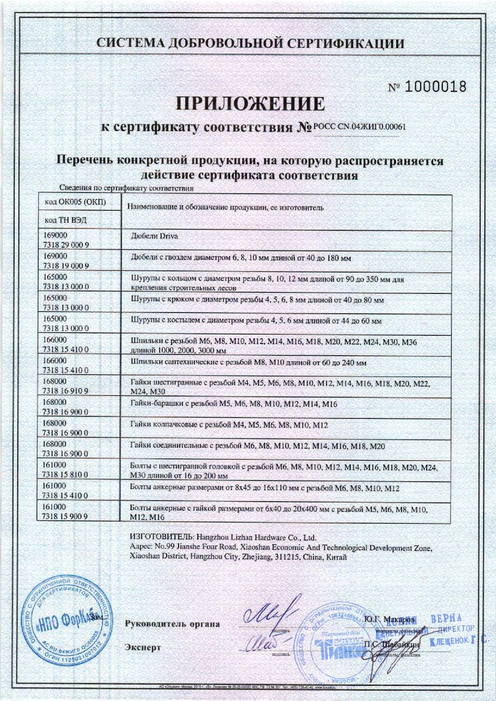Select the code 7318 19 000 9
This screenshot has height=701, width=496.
click(67, 265)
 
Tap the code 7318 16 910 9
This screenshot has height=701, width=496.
click(67, 390)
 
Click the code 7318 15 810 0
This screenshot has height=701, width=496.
click(67, 474)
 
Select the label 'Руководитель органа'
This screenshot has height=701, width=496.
click(172, 623)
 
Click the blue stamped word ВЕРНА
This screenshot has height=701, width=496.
click(447, 620)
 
